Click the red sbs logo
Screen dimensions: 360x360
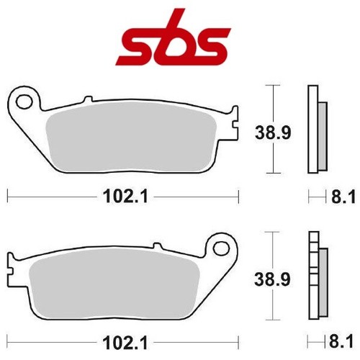click(174, 37)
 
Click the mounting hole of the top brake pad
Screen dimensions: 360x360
click(24, 102)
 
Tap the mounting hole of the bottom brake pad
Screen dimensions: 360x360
click(221, 249)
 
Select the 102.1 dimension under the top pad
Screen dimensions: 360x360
click(125, 197)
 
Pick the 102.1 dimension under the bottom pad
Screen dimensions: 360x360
click(125, 343)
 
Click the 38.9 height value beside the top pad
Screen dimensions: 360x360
click(273, 132)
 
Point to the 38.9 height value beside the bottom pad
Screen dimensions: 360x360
click(272, 279)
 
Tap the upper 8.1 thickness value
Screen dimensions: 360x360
click(343, 197)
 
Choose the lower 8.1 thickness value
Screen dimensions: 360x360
click(341, 341)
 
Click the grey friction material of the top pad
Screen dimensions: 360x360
click(131, 136)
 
